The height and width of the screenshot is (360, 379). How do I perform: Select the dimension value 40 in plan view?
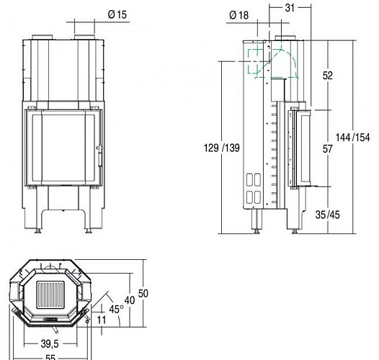pyautogui.click(x=130, y=299)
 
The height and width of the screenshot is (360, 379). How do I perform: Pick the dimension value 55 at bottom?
pyautogui.click(x=49, y=356)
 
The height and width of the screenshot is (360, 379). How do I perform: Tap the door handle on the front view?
pyautogui.click(x=99, y=150)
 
